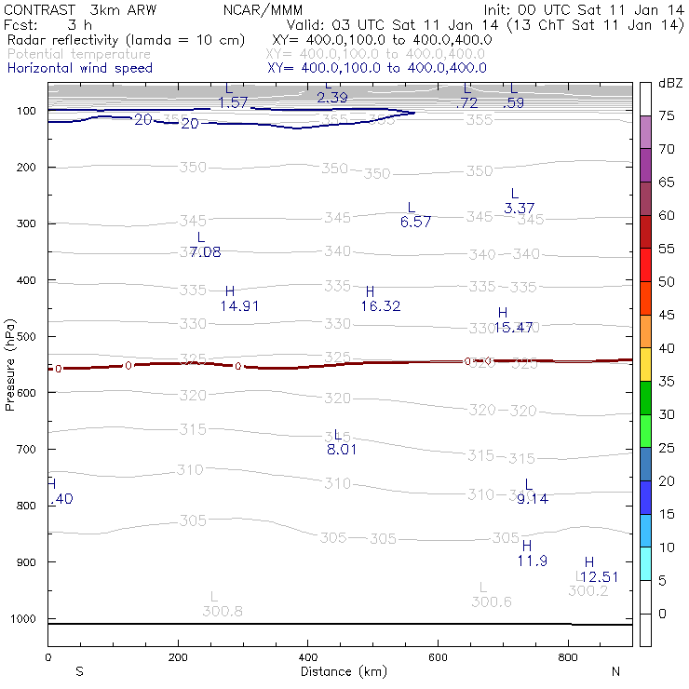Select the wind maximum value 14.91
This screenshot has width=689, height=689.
[239, 305]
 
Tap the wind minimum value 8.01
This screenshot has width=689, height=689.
[342, 450]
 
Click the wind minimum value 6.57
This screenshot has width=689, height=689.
[415, 222]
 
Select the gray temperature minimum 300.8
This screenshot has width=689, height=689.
[223, 611]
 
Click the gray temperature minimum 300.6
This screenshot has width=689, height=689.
[492, 601]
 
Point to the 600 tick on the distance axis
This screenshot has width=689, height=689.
[439, 657]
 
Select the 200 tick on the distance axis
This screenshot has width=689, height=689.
[178, 657]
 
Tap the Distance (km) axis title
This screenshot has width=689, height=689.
[331, 671]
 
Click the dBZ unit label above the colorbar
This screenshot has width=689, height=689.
[669, 84]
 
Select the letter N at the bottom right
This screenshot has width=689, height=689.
[615, 671]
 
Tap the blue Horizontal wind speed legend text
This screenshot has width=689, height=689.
[80, 68]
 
